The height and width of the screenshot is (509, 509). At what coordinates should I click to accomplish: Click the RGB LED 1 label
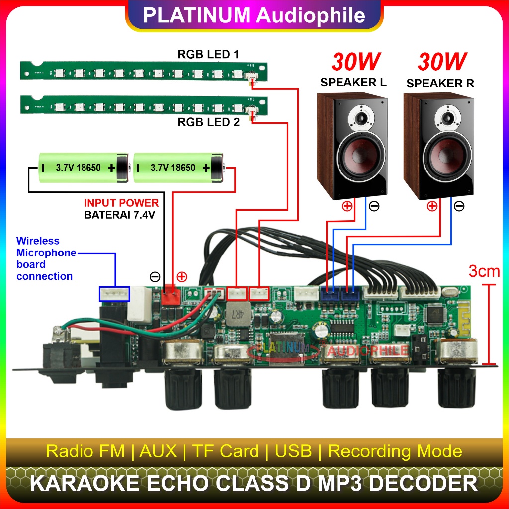208,54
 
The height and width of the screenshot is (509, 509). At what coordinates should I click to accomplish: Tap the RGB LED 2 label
208,121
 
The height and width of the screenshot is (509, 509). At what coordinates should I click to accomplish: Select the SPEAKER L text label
353,83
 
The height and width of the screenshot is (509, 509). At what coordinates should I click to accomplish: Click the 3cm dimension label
484,271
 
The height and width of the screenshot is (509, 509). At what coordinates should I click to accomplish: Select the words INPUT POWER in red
121,203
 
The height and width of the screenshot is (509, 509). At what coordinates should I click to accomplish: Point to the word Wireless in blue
38,241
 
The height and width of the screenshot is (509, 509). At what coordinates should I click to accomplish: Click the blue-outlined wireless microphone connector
114,294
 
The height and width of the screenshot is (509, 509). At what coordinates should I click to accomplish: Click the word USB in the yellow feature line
293,451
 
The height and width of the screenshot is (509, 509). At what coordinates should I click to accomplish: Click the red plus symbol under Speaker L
347,206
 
